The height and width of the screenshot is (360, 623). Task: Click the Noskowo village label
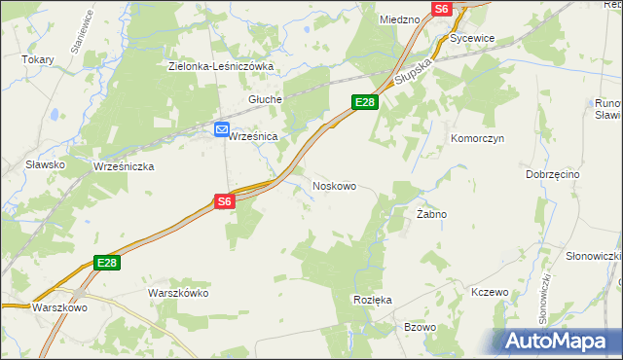point(334,185)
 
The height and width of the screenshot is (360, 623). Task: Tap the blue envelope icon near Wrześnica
point(222,128)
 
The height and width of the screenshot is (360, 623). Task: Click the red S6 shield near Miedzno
point(441,8)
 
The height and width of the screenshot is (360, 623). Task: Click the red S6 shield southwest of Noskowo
point(225,201)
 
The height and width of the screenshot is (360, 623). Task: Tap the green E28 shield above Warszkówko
point(107,263)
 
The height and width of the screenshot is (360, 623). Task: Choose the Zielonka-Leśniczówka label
point(221,66)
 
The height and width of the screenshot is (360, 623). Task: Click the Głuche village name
point(265,99)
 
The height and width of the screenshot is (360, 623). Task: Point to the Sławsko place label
point(47,164)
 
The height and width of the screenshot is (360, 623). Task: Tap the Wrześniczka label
point(124,166)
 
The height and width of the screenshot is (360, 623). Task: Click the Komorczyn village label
point(476,138)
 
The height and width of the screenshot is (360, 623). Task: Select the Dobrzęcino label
point(552,173)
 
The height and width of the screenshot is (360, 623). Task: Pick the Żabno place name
point(431,213)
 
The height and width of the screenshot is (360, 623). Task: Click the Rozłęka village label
point(373,300)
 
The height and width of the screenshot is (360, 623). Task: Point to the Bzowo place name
point(420,327)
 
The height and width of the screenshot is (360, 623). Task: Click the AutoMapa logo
point(559,341)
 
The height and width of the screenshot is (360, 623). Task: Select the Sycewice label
point(473,38)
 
